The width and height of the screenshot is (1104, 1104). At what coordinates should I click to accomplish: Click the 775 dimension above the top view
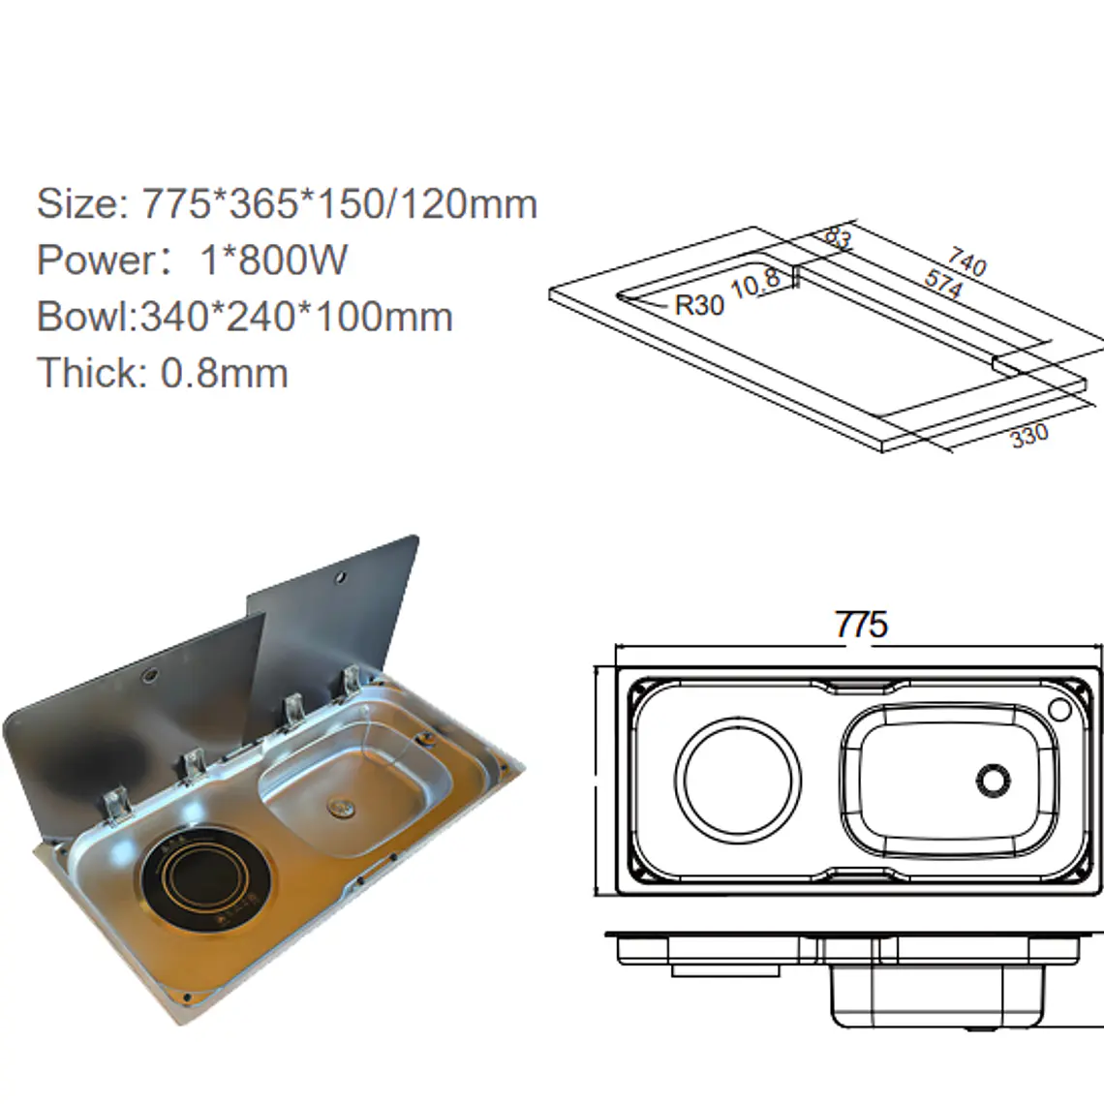coord(861,625)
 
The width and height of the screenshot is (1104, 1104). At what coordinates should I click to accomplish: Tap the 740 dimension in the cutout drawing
coord(966,261)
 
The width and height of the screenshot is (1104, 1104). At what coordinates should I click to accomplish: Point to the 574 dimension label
coord(943,284)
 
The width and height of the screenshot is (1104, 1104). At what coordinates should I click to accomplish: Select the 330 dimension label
coord(1029,436)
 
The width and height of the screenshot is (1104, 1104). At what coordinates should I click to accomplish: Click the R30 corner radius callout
coord(699,305)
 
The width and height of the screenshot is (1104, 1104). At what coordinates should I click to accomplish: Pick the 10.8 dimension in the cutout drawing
coord(755,283)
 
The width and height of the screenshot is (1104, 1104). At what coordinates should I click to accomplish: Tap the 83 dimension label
coord(837,237)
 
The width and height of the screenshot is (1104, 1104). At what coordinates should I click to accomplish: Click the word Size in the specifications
coord(78,203)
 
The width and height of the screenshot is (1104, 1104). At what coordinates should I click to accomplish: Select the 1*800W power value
coord(273,260)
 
